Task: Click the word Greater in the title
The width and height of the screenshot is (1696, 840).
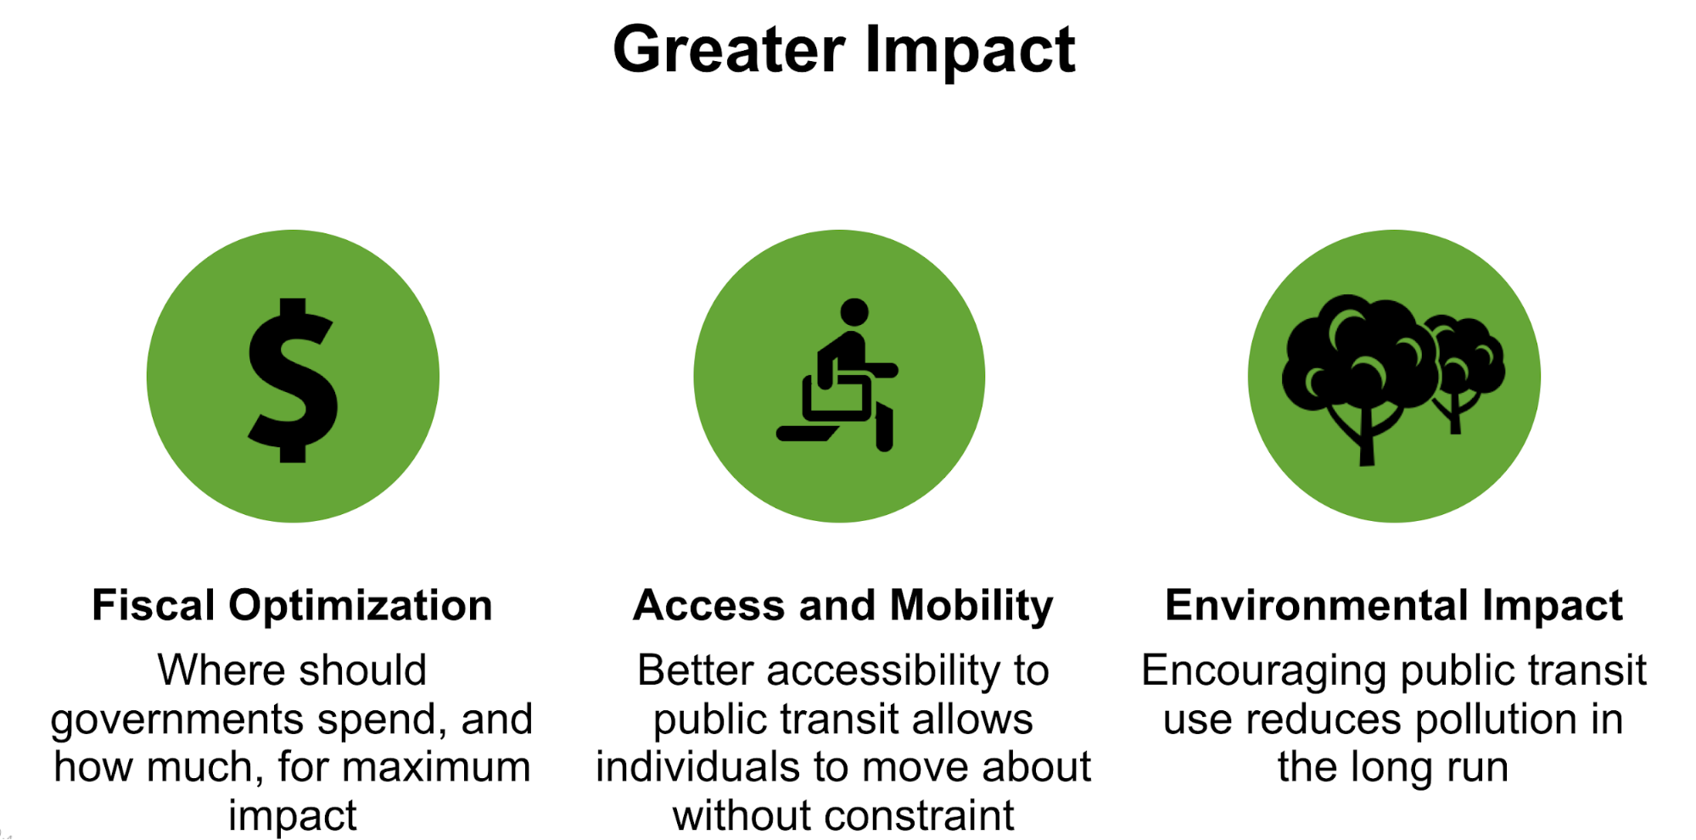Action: coord(729,50)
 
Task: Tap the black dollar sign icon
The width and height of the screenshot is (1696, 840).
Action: coord(293,380)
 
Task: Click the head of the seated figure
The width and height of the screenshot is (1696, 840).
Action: coord(854,312)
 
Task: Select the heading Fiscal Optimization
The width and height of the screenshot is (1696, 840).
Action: coord(292,606)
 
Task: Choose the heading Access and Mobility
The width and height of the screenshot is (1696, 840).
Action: coord(843,606)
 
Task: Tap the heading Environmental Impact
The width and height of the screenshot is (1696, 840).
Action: coord(1394,606)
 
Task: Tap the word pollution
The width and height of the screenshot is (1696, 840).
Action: coord(1496,720)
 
